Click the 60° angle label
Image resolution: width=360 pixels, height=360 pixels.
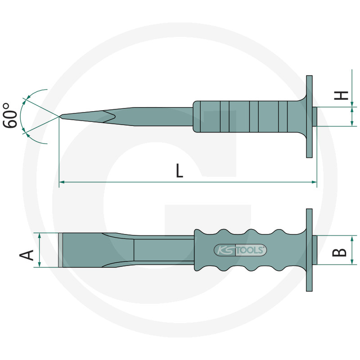point(10,116)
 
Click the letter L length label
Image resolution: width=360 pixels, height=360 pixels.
point(180,171)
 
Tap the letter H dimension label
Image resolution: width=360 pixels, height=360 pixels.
point(341,95)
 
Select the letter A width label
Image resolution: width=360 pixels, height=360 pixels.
point(27,255)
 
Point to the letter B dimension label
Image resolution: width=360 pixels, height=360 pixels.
point(339,252)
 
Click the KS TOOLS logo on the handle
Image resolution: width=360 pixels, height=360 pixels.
point(240,250)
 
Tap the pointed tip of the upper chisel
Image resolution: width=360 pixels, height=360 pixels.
point(60,117)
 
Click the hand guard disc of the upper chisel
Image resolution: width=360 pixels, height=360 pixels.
point(309,117)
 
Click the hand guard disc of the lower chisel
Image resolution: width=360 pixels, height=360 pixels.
point(309,250)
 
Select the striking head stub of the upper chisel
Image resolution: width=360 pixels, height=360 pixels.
point(315,117)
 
